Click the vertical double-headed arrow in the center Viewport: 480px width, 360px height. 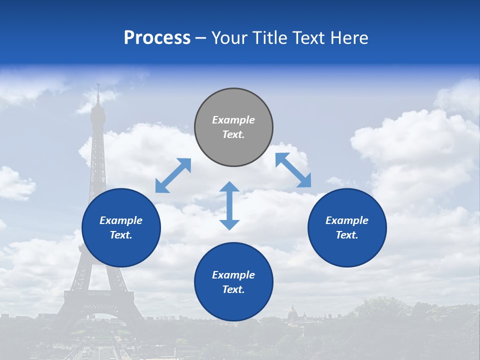229,205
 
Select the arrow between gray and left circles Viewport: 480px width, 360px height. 173,175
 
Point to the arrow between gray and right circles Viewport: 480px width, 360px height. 293,170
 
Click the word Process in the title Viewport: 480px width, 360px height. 157,38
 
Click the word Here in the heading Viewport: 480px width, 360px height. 349,38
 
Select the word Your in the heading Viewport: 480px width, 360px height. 230,38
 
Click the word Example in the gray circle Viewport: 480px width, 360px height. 233,120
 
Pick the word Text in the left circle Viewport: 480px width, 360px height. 121,235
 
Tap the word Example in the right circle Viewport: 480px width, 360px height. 347,220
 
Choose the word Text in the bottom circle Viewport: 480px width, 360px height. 233,289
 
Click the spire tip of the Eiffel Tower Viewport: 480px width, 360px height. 98,86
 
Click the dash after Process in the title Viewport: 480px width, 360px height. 201,38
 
